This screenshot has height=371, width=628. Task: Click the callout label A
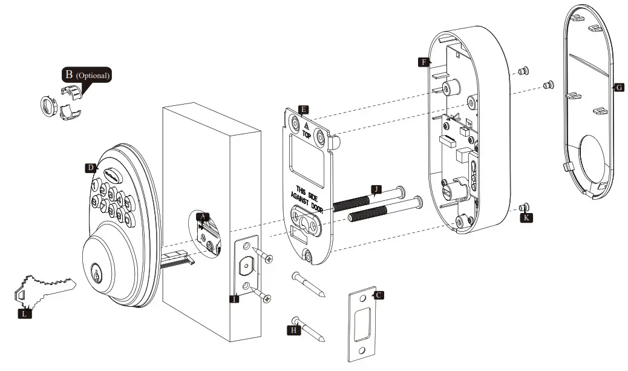coord(203,215)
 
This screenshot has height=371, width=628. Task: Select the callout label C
coord(379,295)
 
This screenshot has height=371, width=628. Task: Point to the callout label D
coord(90,168)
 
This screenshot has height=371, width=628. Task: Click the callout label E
coord(303,110)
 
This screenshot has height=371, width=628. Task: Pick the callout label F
coord(424,62)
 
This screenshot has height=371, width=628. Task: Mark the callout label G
coord(618,87)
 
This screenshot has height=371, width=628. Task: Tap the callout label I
coord(234,298)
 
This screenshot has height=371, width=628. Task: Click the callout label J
coord(376,189)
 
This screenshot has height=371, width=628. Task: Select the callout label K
coord(526,217)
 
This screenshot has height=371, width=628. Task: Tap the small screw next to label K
coord(525,207)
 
